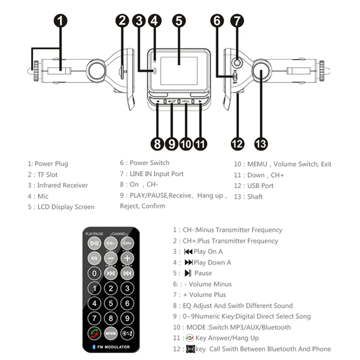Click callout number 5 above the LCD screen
pyautogui.click(x=179, y=21)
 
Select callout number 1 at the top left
pyautogui.click(x=61, y=21)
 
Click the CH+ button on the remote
pyautogui.click(x=127, y=243)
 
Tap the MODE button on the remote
pyautogui.click(x=111, y=333)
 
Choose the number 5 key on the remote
pyautogui.click(x=111, y=303)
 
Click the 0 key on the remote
pyautogui.click(x=94, y=273)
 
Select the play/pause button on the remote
pyautogui.click(x=94, y=243)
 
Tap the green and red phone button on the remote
pyautogui.click(x=94, y=333)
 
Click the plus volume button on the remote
pyautogui.click(x=127, y=258)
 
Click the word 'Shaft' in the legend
pyautogui.click(x=255, y=197)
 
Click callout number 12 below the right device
pyautogui.click(x=237, y=144)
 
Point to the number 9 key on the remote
pyautogui.click(x=127, y=318)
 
